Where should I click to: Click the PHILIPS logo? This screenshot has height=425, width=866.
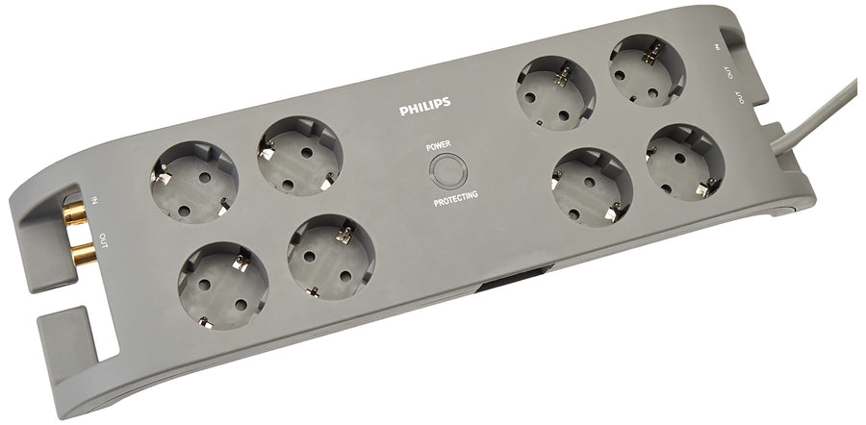[424, 107]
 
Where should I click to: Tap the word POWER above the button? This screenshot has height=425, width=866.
[439, 146]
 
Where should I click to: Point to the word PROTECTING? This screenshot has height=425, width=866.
[456, 199]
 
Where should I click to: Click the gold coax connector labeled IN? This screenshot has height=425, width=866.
[74, 212]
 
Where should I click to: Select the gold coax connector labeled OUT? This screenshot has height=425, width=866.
[84, 254]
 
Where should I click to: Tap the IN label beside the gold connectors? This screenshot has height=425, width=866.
[94, 199]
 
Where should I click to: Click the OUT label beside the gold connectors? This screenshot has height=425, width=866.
[104, 240]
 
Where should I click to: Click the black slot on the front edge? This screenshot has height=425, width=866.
[515, 278]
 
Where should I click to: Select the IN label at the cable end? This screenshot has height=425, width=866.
[718, 47]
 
